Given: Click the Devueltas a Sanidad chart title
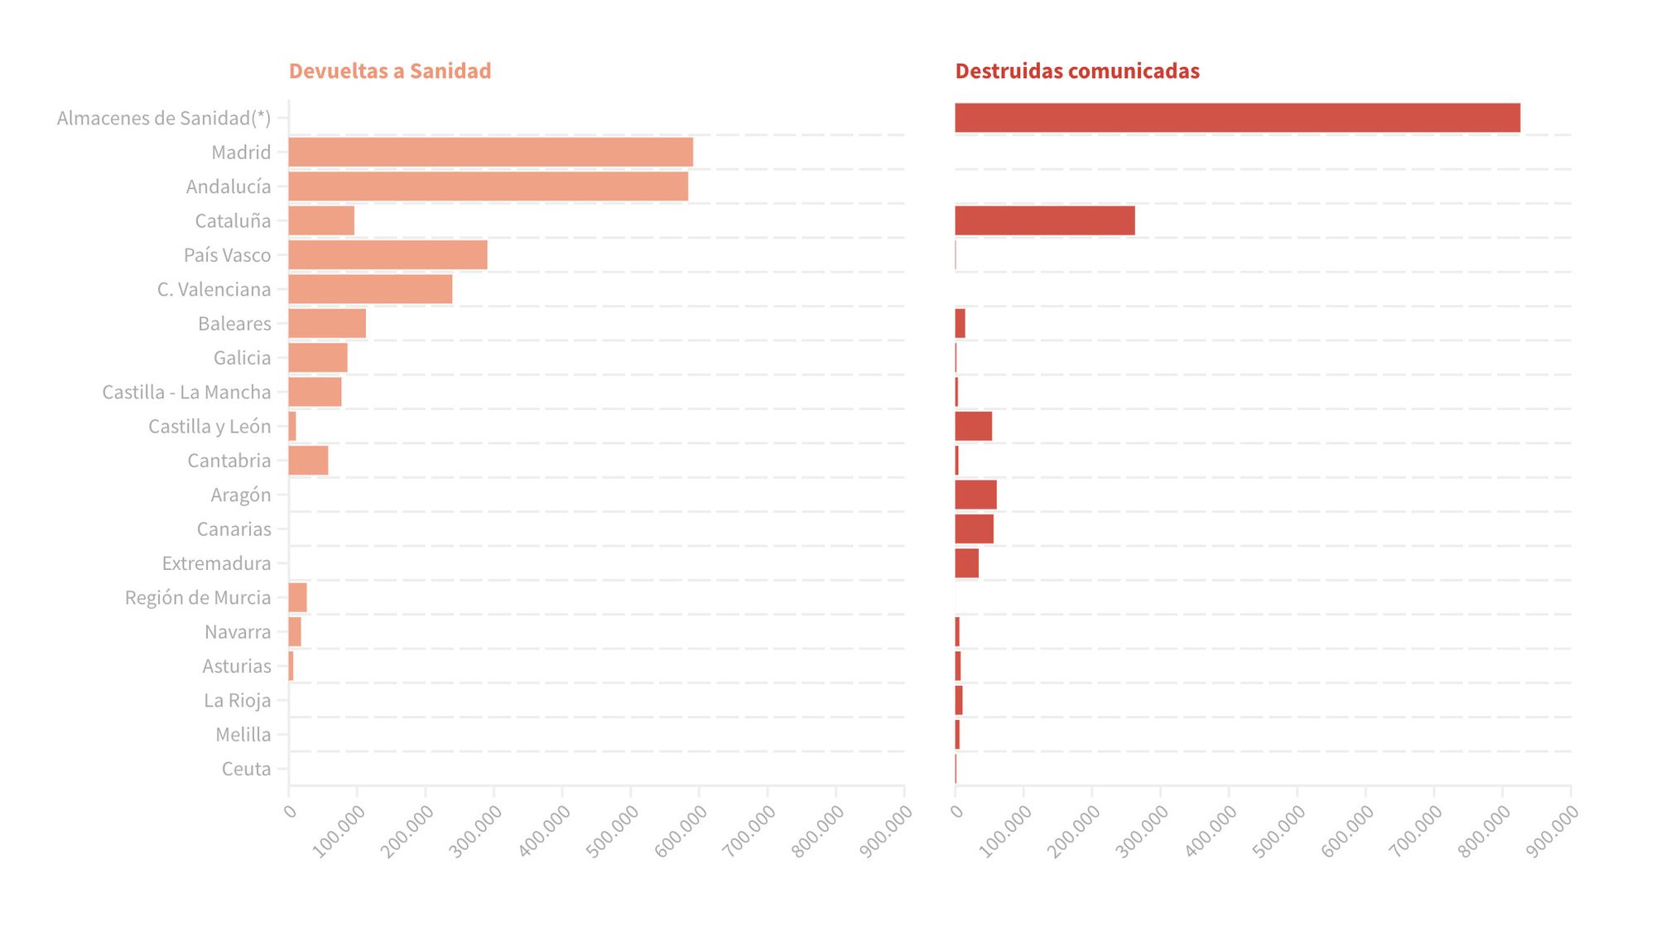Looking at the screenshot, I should coord(389,71).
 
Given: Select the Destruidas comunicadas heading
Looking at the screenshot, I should coord(1076,71).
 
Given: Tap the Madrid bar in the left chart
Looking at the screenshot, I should coord(490,152).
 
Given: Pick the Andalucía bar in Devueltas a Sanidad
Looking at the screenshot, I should coord(488,186).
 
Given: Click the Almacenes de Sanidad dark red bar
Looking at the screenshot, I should coord(1237,118).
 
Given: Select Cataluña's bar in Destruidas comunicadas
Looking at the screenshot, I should coord(1044,221).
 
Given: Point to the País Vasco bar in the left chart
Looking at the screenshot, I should coord(388,255).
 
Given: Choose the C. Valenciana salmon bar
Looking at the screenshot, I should coord(370,289).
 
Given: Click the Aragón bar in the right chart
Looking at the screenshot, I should coord(975,495).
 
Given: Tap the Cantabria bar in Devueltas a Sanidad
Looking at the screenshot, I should coord(308,461).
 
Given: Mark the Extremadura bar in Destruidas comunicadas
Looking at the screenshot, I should coord(966,563).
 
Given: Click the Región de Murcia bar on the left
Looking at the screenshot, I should coord(297,597).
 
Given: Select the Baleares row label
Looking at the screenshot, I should coord(234,324).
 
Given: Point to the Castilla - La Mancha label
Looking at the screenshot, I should coord(186,392).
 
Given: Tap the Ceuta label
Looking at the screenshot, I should coord(246,769).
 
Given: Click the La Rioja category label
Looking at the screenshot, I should coord(237,701).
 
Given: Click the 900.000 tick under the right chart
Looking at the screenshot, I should coord(1552,830).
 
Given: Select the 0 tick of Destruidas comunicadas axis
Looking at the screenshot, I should coord(957,810).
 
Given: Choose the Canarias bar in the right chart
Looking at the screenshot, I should coord(974,529).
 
